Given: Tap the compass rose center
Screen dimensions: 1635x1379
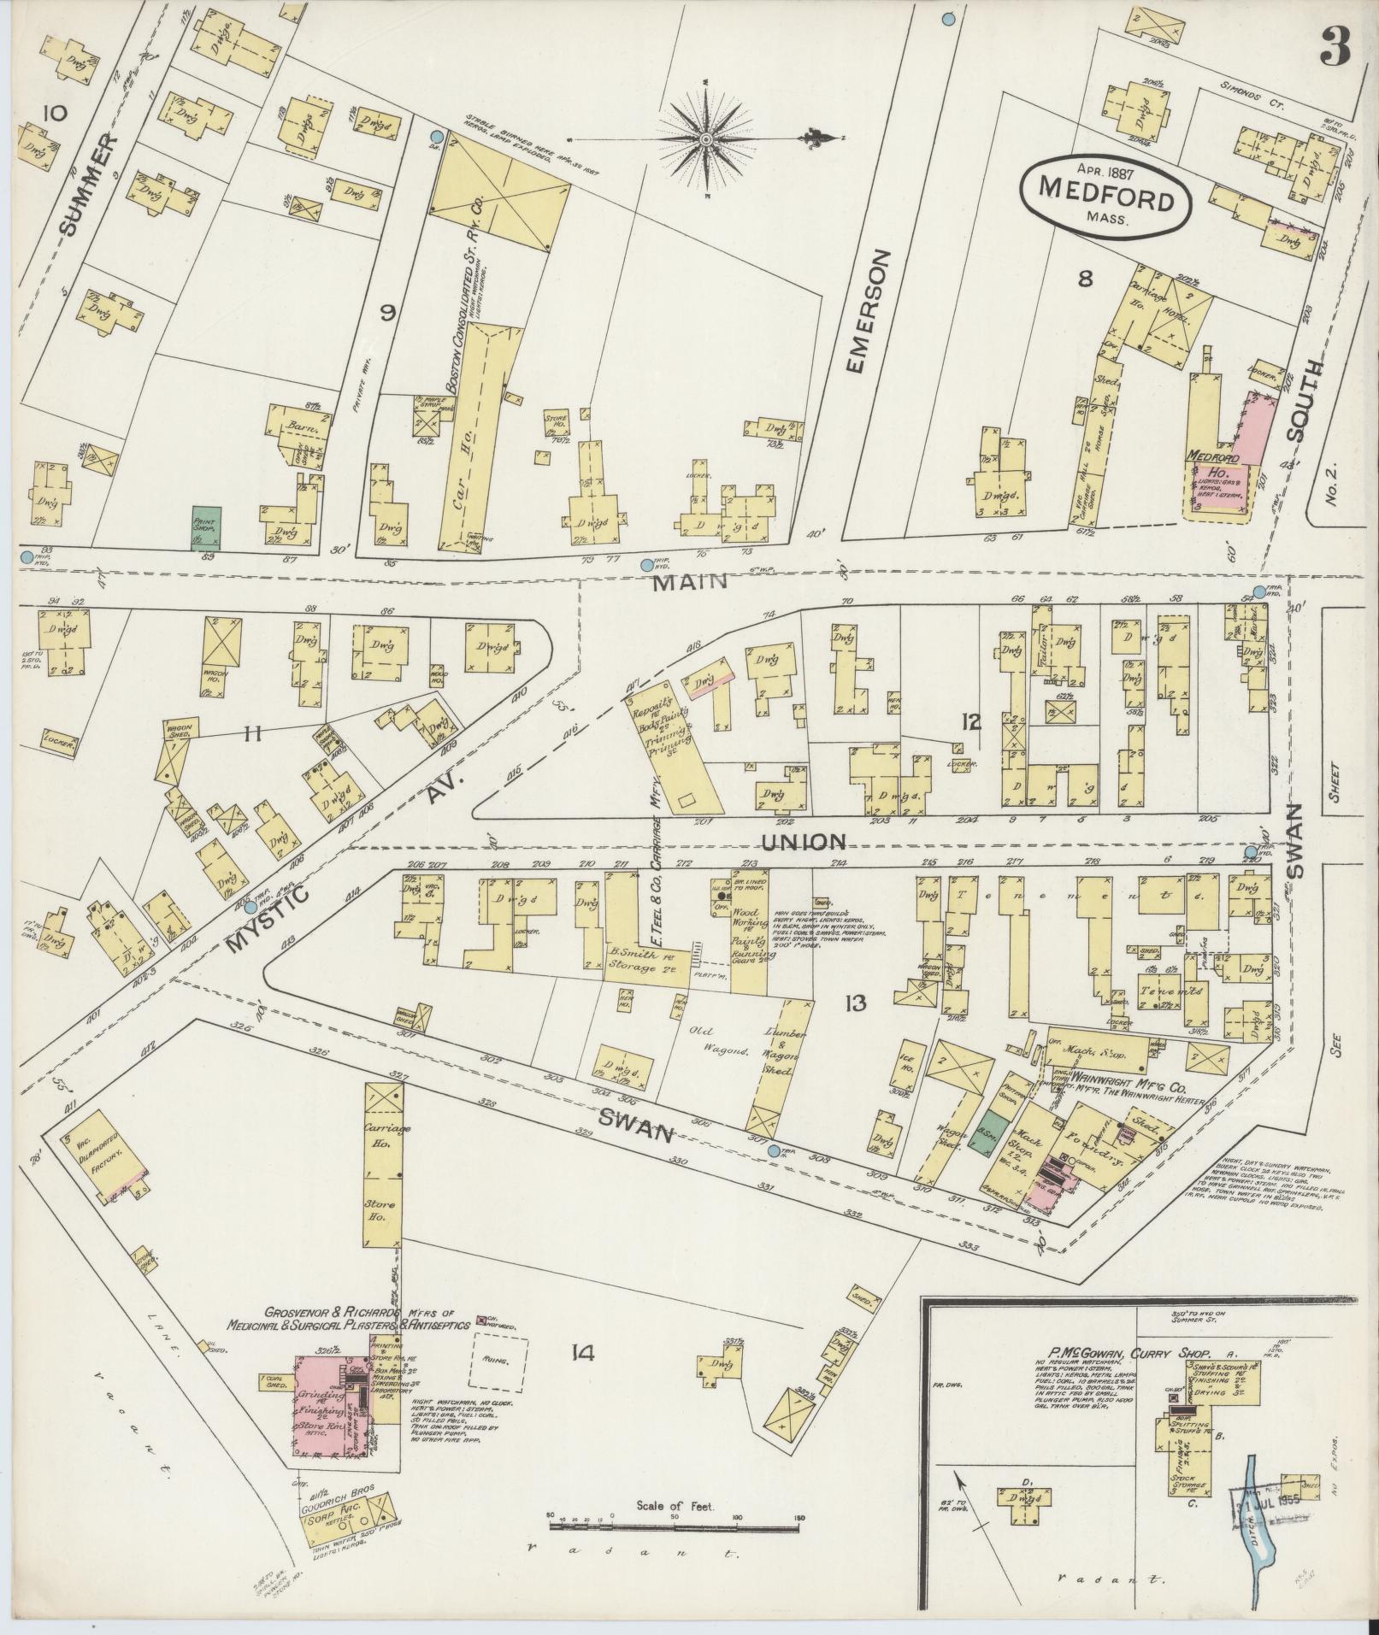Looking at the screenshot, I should click(707, 138).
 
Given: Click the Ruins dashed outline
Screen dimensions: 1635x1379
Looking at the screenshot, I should click(498, 1385).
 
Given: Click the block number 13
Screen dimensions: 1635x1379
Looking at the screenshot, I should click(856, 1003).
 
